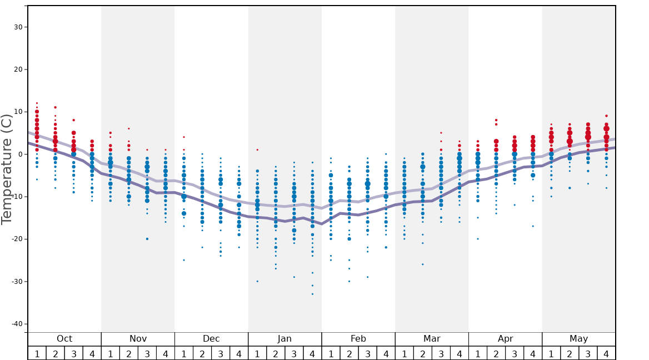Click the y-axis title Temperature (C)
point(7,169)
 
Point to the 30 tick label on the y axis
point(17,27)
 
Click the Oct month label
point(64,339)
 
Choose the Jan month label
point(284,339)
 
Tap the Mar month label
point(432,339)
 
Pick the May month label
point(578,339)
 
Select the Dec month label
point(211,339)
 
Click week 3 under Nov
point(147,354)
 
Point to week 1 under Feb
point(331,354)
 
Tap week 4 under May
point(606,354)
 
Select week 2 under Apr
point(496,354)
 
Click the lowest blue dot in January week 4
point(312,294)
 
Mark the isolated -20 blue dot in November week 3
point(147,239)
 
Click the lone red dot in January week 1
point(257,149)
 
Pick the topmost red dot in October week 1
point(37,103)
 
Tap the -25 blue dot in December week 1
point(184,260)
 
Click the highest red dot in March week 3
point(441,133)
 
